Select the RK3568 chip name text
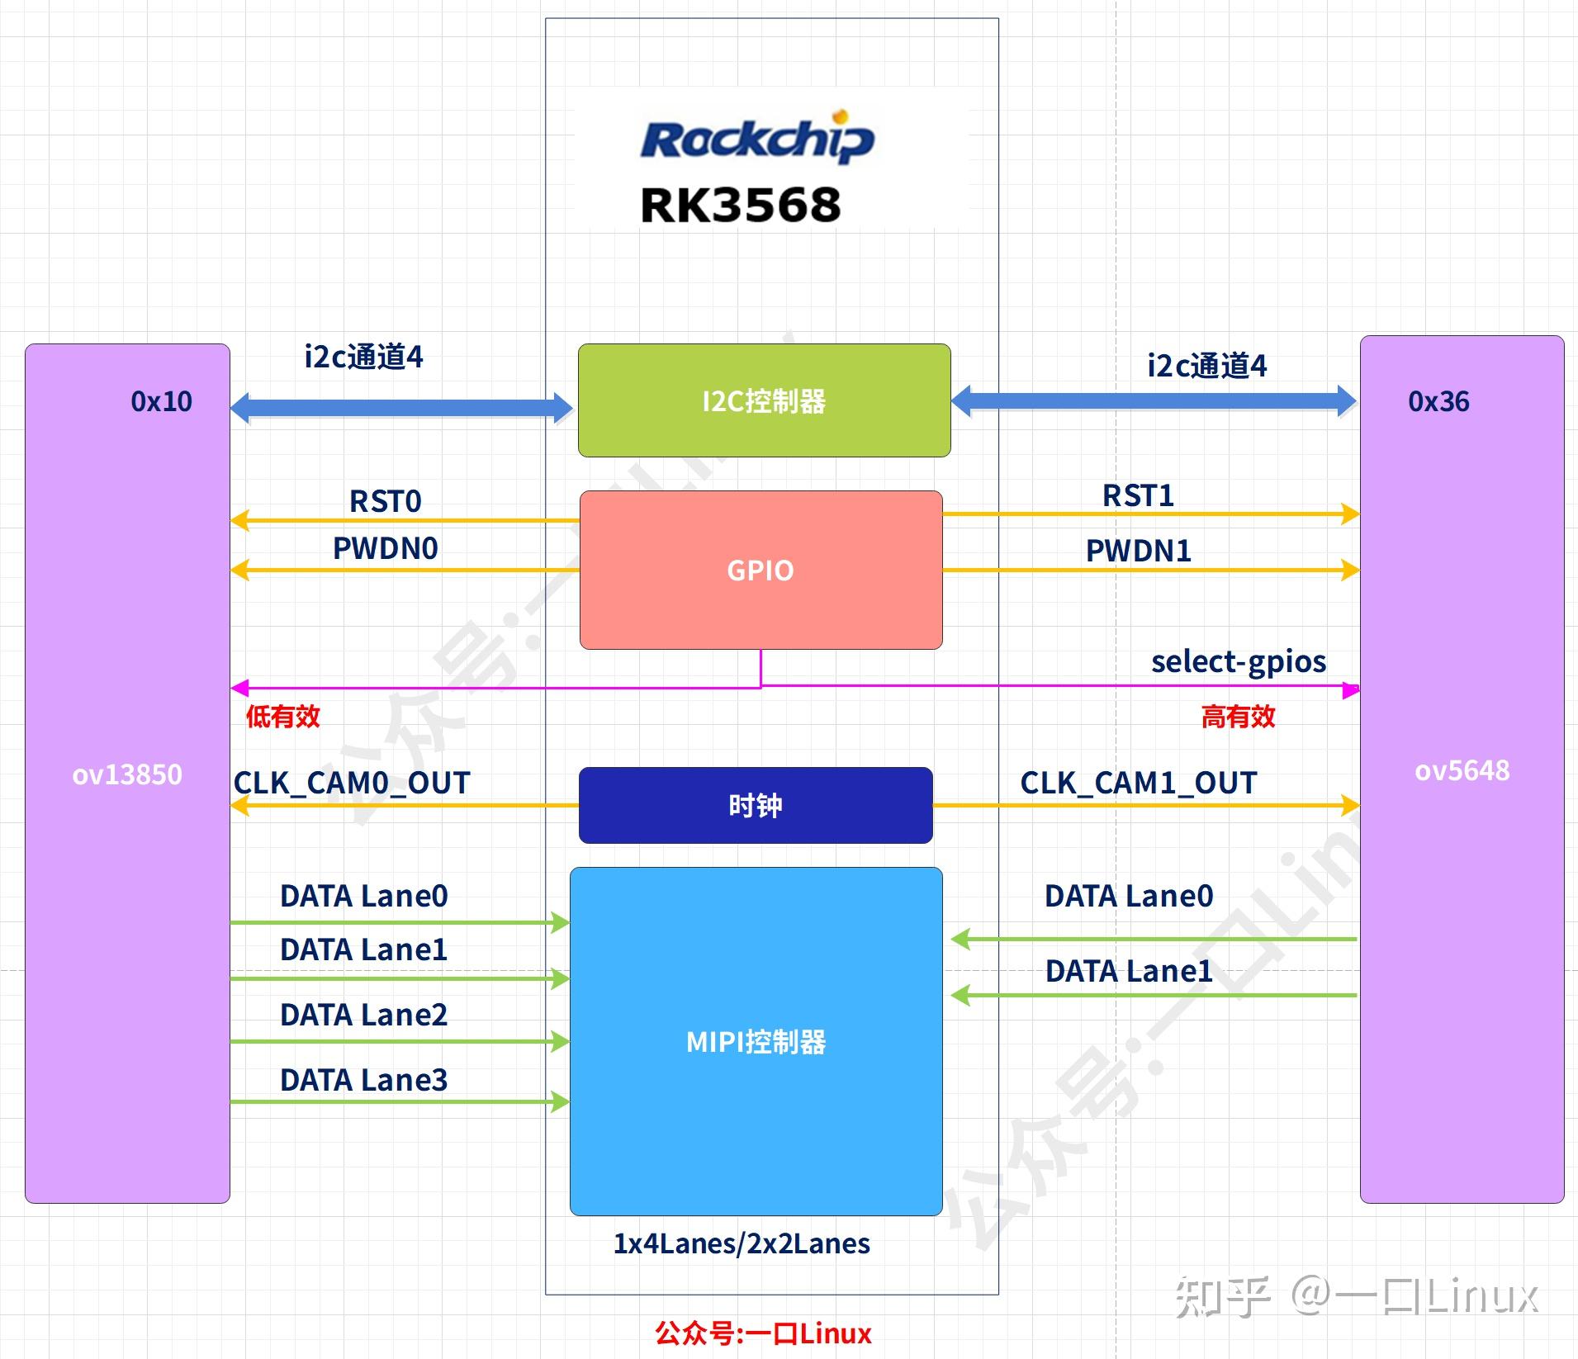click(741, 205)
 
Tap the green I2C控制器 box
click(764, 400)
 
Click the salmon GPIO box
click(761, 570)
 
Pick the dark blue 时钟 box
click(755, 805)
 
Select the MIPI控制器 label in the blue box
click(756, 1042)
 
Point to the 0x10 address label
click(161, 401)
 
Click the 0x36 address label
click(1438, 401)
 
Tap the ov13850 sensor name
click(127, 774)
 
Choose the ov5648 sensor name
click(1462, 770)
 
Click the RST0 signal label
click(385, 501)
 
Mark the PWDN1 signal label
click(1138, 551)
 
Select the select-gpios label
click(1238, 661)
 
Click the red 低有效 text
click(282, 716)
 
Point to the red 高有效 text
click(1238, 716)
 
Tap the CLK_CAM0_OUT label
click(352, 783)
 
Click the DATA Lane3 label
click(363, 1080)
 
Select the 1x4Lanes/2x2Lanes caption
click(741, 1243)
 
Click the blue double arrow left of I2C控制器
click(401, 407)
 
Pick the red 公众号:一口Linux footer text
click(763, 1333)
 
